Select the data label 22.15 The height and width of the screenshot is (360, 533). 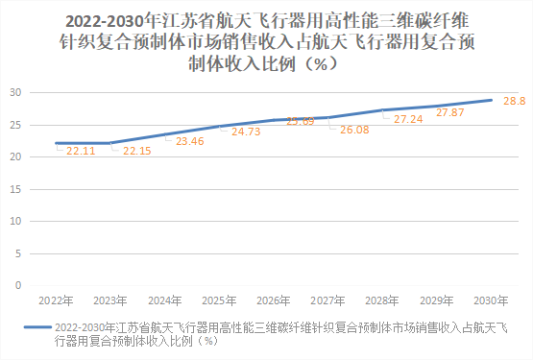(137, 151)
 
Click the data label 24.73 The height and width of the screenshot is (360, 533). (247, 131)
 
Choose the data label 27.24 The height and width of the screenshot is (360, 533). (410, 119)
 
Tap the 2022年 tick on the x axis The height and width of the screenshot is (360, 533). (56, 300)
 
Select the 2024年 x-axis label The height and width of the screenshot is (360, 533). (165, 300)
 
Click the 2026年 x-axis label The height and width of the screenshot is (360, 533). (274, 300)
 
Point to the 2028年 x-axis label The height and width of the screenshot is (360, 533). (382, 300)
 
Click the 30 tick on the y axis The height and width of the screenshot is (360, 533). (16, 93)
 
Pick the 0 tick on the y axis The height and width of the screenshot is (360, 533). (19, 285)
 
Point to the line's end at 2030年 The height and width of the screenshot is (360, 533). (492, 100)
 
